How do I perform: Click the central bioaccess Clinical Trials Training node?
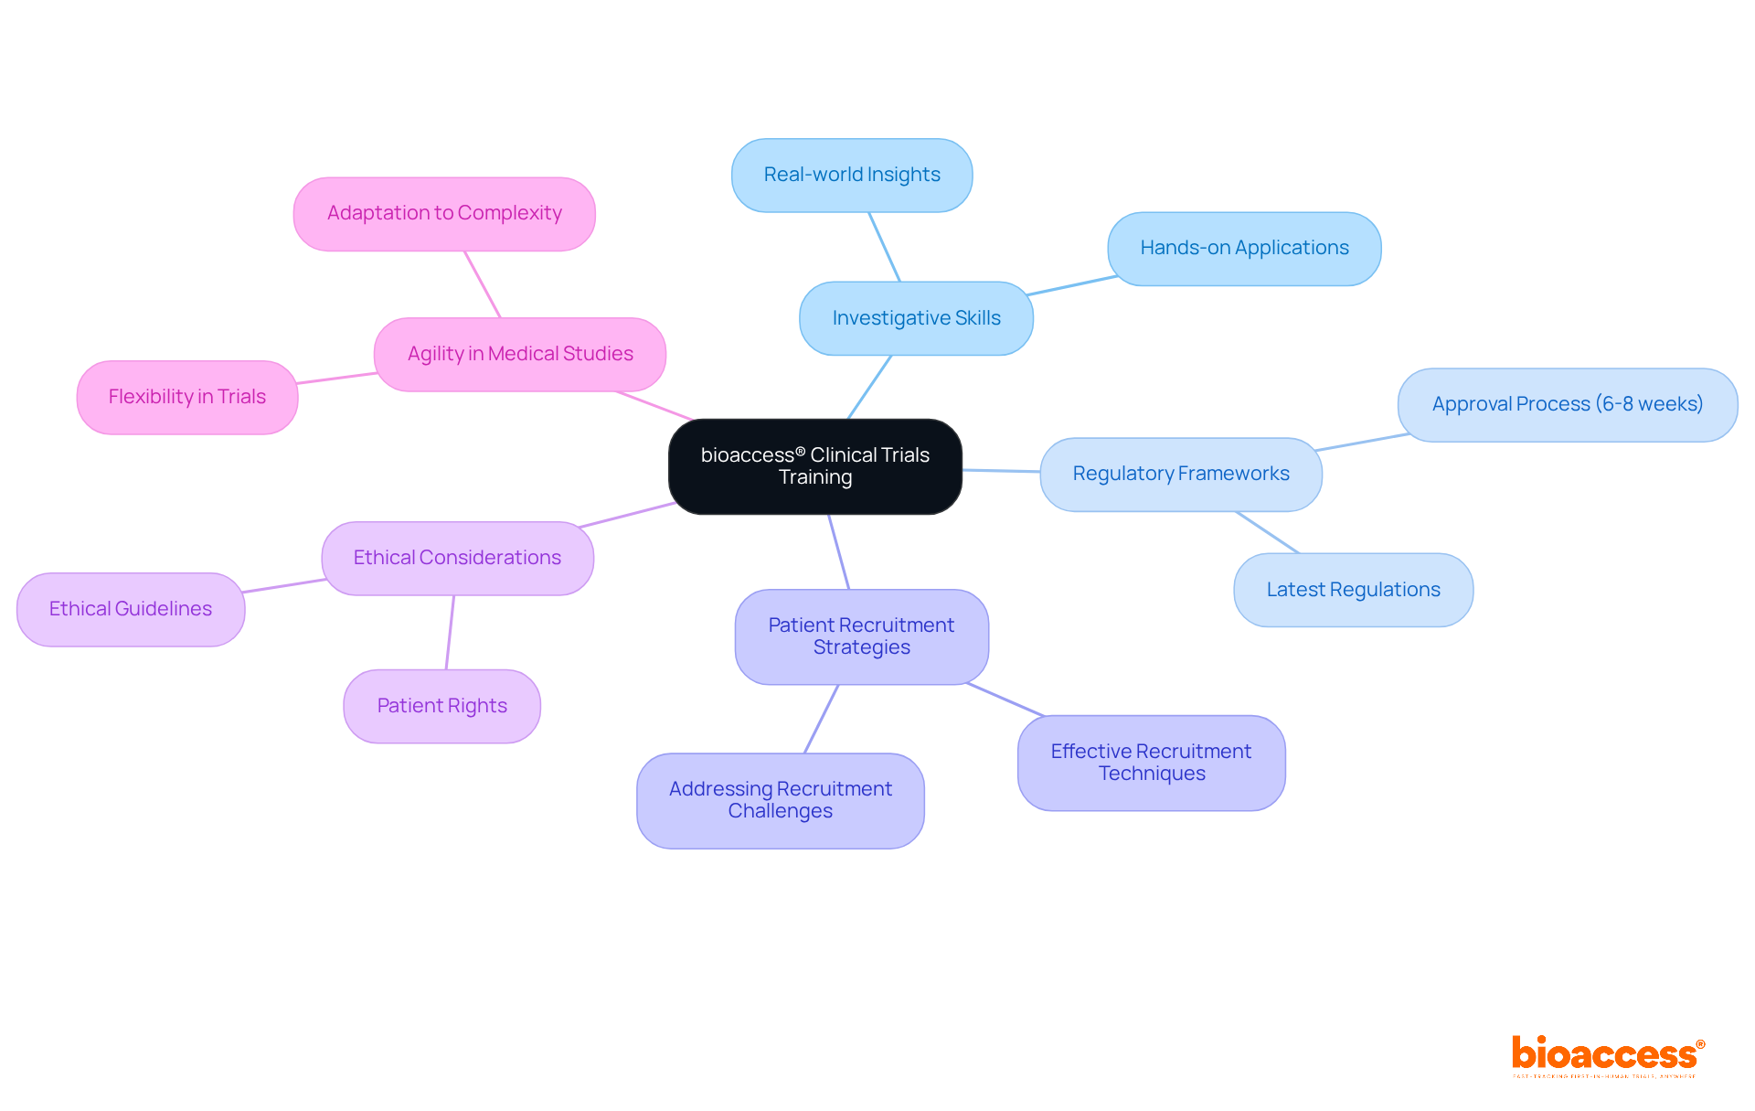point(814,466)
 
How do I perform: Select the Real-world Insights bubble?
point(852,175)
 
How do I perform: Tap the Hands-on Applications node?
point(1244,248)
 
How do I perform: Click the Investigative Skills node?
point(916,318)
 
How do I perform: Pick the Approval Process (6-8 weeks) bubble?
point(1567,404)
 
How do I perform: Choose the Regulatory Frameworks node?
point(1181,474)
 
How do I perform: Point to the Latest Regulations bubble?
point(1353,590)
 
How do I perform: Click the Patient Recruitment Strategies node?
point(861,636)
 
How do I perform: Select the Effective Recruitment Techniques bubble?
point(1151,763)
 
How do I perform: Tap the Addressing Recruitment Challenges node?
point(780,800)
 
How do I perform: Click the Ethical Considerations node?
point(457,558)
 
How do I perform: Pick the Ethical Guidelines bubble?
point(131,609)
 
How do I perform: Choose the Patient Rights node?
point(441,706)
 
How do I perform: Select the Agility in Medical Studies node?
point(520,354)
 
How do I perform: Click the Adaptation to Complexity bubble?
point(444,213)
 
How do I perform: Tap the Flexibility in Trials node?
point(187,397)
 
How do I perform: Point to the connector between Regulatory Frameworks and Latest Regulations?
point(1267,532)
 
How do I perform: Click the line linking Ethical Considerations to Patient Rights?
point(450,633)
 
